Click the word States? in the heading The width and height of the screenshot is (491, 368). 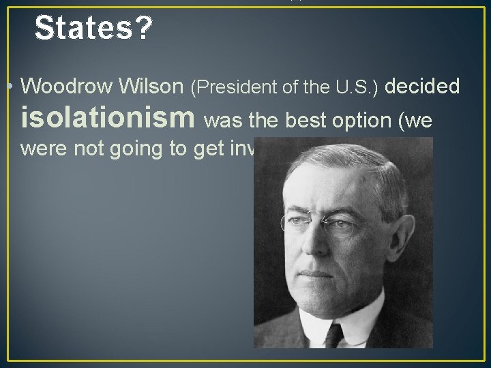[93, 28]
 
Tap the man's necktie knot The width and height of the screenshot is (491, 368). [334, 333]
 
